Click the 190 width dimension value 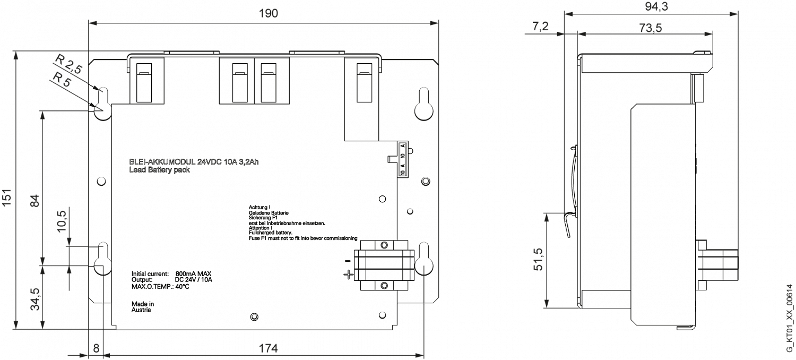coord(269,13)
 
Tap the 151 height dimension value coord(7,197)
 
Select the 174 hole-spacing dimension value coord(268,348)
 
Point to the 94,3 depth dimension coord(656,6)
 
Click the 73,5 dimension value coord(650,28)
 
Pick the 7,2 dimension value coord(541,26)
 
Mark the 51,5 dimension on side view coord(539,259)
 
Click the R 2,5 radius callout coord(69,64)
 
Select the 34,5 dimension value coord(36,299)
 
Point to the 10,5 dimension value coord(62,221)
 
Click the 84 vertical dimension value coord(34,201)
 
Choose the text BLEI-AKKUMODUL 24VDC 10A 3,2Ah coord(194,162)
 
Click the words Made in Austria coord(143,307)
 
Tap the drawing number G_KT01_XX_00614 coord(789,319)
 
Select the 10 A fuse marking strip coord(403,159)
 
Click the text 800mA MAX coord(193,274)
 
